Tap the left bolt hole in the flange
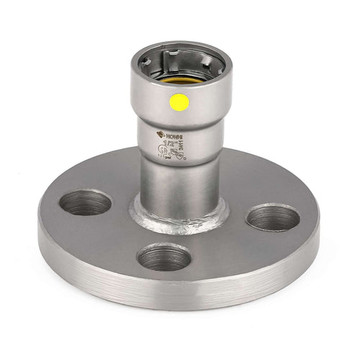click(x=85, y=202)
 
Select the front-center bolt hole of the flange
click(x=163, y=256)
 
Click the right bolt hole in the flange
click(x=272, y=217)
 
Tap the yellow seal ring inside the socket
click(x=179, y=81)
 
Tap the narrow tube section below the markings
click(x=178, y=184)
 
